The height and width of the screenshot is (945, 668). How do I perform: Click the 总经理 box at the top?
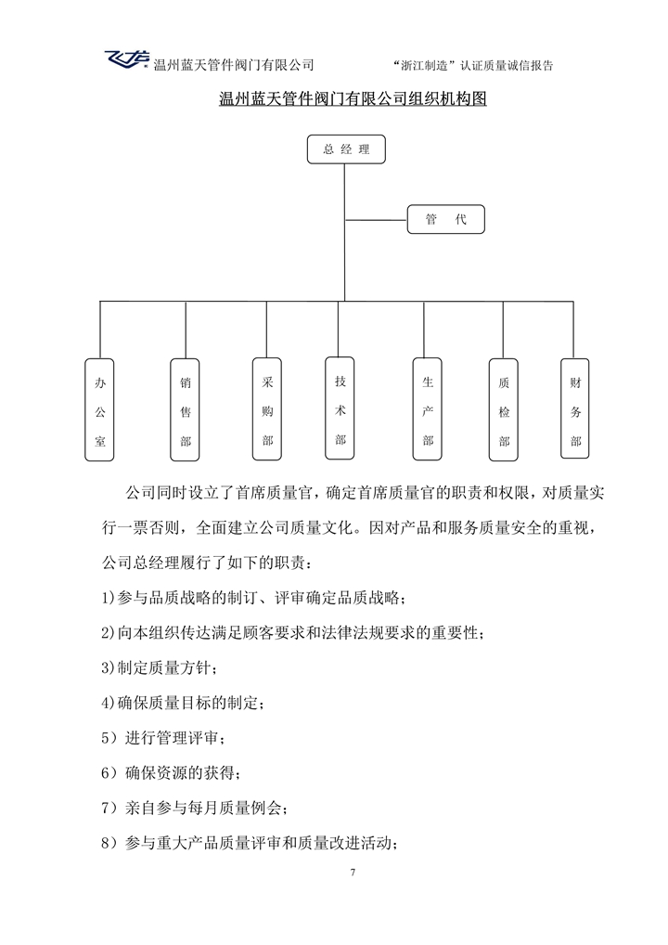[x=345, y=149]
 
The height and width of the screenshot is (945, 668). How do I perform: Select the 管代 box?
[x=445, y=219]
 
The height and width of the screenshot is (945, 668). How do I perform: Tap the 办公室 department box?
[x=100, y=409]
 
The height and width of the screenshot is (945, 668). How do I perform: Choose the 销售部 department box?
[x=186, y=409]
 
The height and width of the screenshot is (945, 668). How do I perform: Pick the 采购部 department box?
[x=267, y=409]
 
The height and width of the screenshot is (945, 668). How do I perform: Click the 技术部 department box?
[x=340, y=408]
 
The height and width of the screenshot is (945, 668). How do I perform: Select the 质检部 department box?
[x=504, y=409]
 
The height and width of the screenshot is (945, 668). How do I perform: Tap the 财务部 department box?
[x=576, y=408]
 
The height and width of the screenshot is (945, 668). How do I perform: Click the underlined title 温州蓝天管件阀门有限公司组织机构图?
[x=353, y=98]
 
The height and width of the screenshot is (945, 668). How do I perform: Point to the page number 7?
[x=353, y=873]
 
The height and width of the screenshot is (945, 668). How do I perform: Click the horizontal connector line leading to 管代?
[x=376, y=220]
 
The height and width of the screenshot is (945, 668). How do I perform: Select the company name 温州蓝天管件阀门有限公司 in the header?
[x=233, y=64]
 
